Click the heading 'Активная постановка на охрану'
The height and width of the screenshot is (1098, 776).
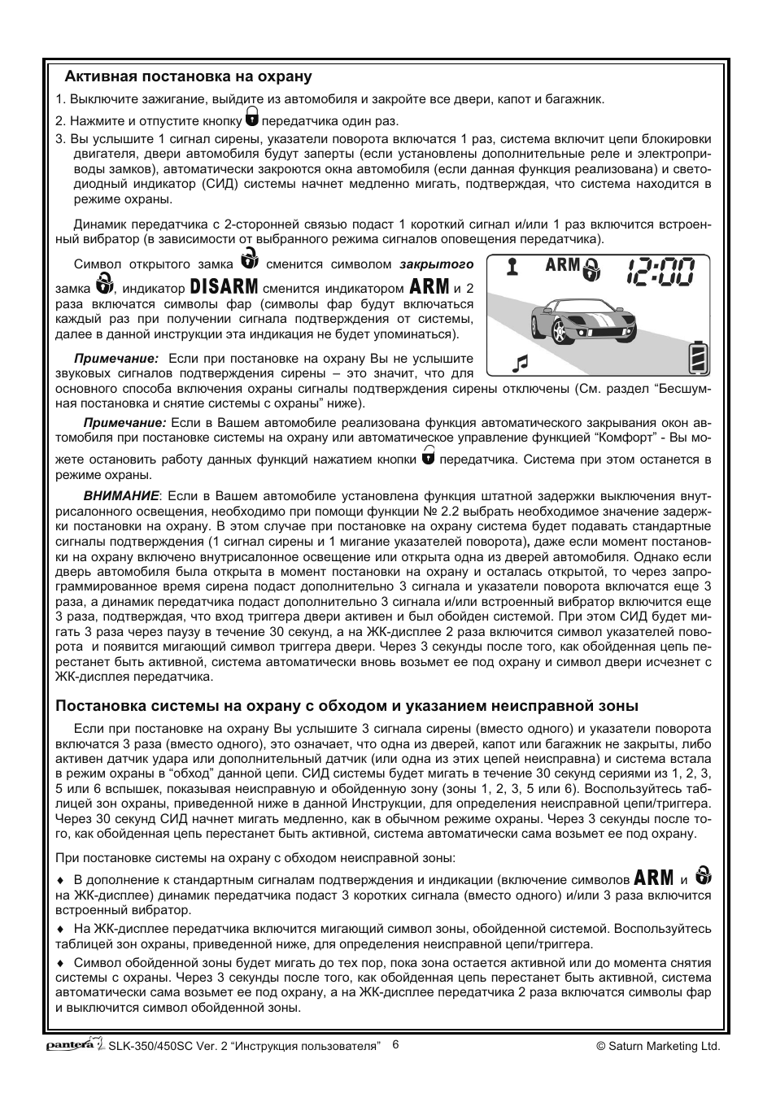(189, 77)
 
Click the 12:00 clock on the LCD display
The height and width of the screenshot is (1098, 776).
(660, 270)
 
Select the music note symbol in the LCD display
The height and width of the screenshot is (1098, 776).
(521, 362)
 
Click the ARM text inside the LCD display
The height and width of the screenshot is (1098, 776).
(562, 266)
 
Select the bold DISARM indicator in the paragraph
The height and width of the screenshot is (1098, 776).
(224, 287)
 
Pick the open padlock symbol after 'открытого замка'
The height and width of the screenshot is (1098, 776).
(250, 261)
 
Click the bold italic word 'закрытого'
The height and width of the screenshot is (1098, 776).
(436, 264)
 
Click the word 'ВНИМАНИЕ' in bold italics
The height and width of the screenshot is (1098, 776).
(120, 495)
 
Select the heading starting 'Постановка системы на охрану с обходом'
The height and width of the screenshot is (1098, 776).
(347, 705)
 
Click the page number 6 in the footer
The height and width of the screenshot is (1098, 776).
(395, 1045)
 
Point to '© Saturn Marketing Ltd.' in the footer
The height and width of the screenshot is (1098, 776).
(658, 1047)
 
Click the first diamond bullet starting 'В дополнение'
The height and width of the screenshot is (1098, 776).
(59, 880)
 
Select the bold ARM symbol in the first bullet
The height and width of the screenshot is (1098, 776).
(654, 878)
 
